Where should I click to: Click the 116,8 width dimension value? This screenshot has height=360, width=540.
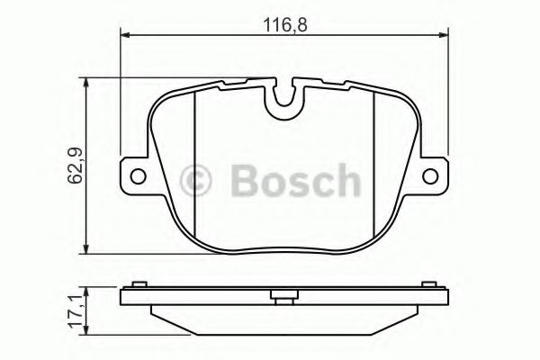tap(284, 25)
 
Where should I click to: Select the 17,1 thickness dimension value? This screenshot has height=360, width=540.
tap(76, 310)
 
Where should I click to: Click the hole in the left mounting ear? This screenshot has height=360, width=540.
tap(138, 176)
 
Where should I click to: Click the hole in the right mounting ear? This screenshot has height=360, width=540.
tap(430, 176)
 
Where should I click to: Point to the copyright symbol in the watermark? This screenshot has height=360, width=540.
tap(195, 181)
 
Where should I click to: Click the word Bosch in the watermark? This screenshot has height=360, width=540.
tap(296, 181)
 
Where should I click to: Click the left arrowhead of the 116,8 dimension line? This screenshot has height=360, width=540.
tap(125, 34)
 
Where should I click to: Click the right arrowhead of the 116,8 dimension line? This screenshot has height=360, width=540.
tap(443, 34)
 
